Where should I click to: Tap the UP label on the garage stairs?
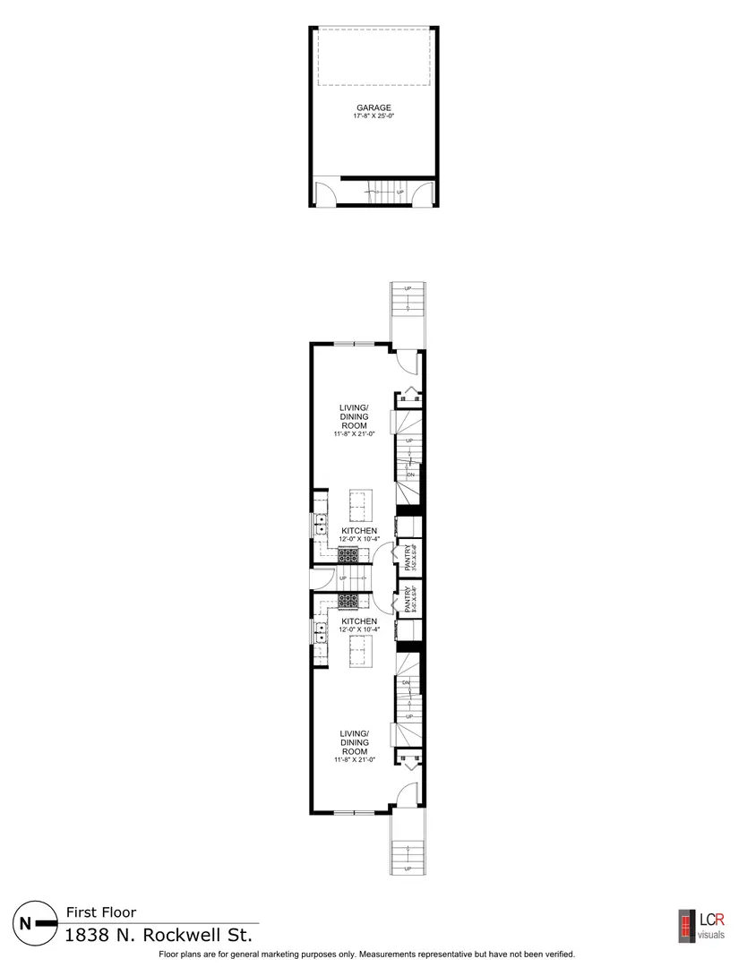pyautogui.click(x=399, y=192)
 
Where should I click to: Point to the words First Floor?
pyautogui.click(x=101, y=913)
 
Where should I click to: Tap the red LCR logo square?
pyautogui.click(x=687, y=923)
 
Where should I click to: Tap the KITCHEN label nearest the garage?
pyautogui.click(x=359, y=531)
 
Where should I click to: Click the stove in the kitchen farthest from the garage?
pyautogui.click(x=348, y=601)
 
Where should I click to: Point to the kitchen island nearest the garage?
pyautogui.click(x=360, y=506)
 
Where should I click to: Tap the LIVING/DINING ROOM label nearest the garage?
pyautogui.click(x=356, y=417)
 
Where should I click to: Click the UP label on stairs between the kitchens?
pyautogui.click(x=343, y=578)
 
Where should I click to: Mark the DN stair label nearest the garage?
pyautogui.click(x=410, y=475)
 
